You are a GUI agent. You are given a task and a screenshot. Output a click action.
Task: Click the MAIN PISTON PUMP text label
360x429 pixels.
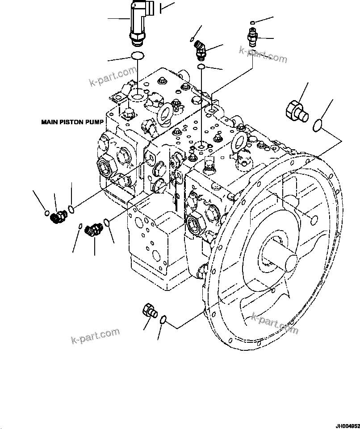72,122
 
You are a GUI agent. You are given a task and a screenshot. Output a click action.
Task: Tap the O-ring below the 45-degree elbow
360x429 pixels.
201,67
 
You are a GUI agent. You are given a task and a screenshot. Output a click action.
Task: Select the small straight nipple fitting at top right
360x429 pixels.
253,38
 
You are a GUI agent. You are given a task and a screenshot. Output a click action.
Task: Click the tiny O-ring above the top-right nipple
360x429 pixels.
253,22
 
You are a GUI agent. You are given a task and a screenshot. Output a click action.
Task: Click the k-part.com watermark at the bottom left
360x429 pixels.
95,336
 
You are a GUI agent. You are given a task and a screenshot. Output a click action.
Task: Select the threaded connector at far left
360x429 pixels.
58,217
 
